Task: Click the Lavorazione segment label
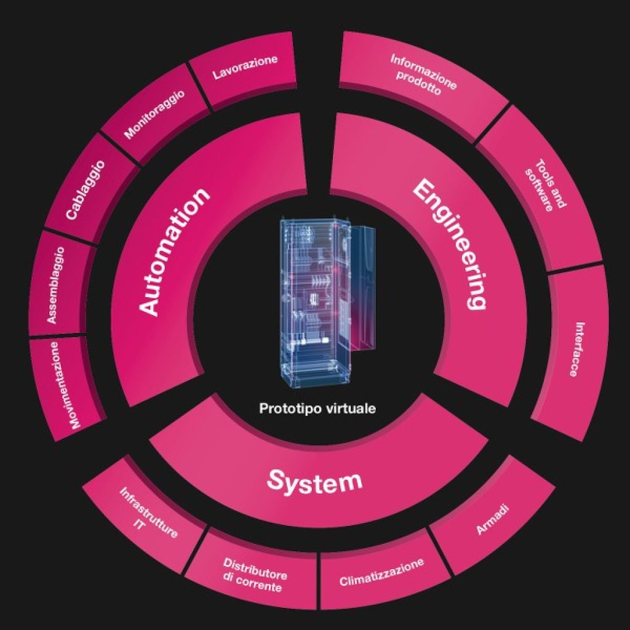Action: [245, 66]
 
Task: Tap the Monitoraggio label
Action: [154, 114]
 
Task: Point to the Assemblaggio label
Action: [55, 285]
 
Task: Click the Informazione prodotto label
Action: [423, 76]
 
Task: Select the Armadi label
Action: [493, 519]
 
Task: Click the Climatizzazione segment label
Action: [381, 572]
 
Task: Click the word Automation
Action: [174, 251]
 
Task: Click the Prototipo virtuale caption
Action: [317, 409]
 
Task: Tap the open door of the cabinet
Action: [363, 288]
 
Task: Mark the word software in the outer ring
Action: [539, 190]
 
